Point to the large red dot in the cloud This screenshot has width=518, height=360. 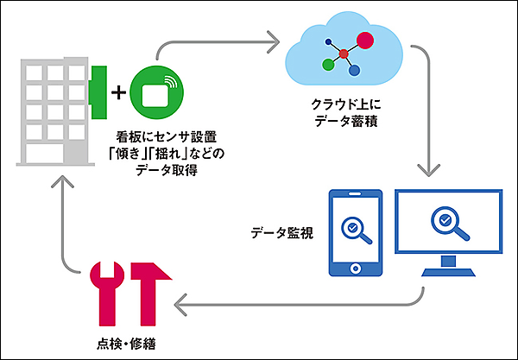(x=365, y=40)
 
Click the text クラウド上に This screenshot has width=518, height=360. (x=344, y=104)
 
